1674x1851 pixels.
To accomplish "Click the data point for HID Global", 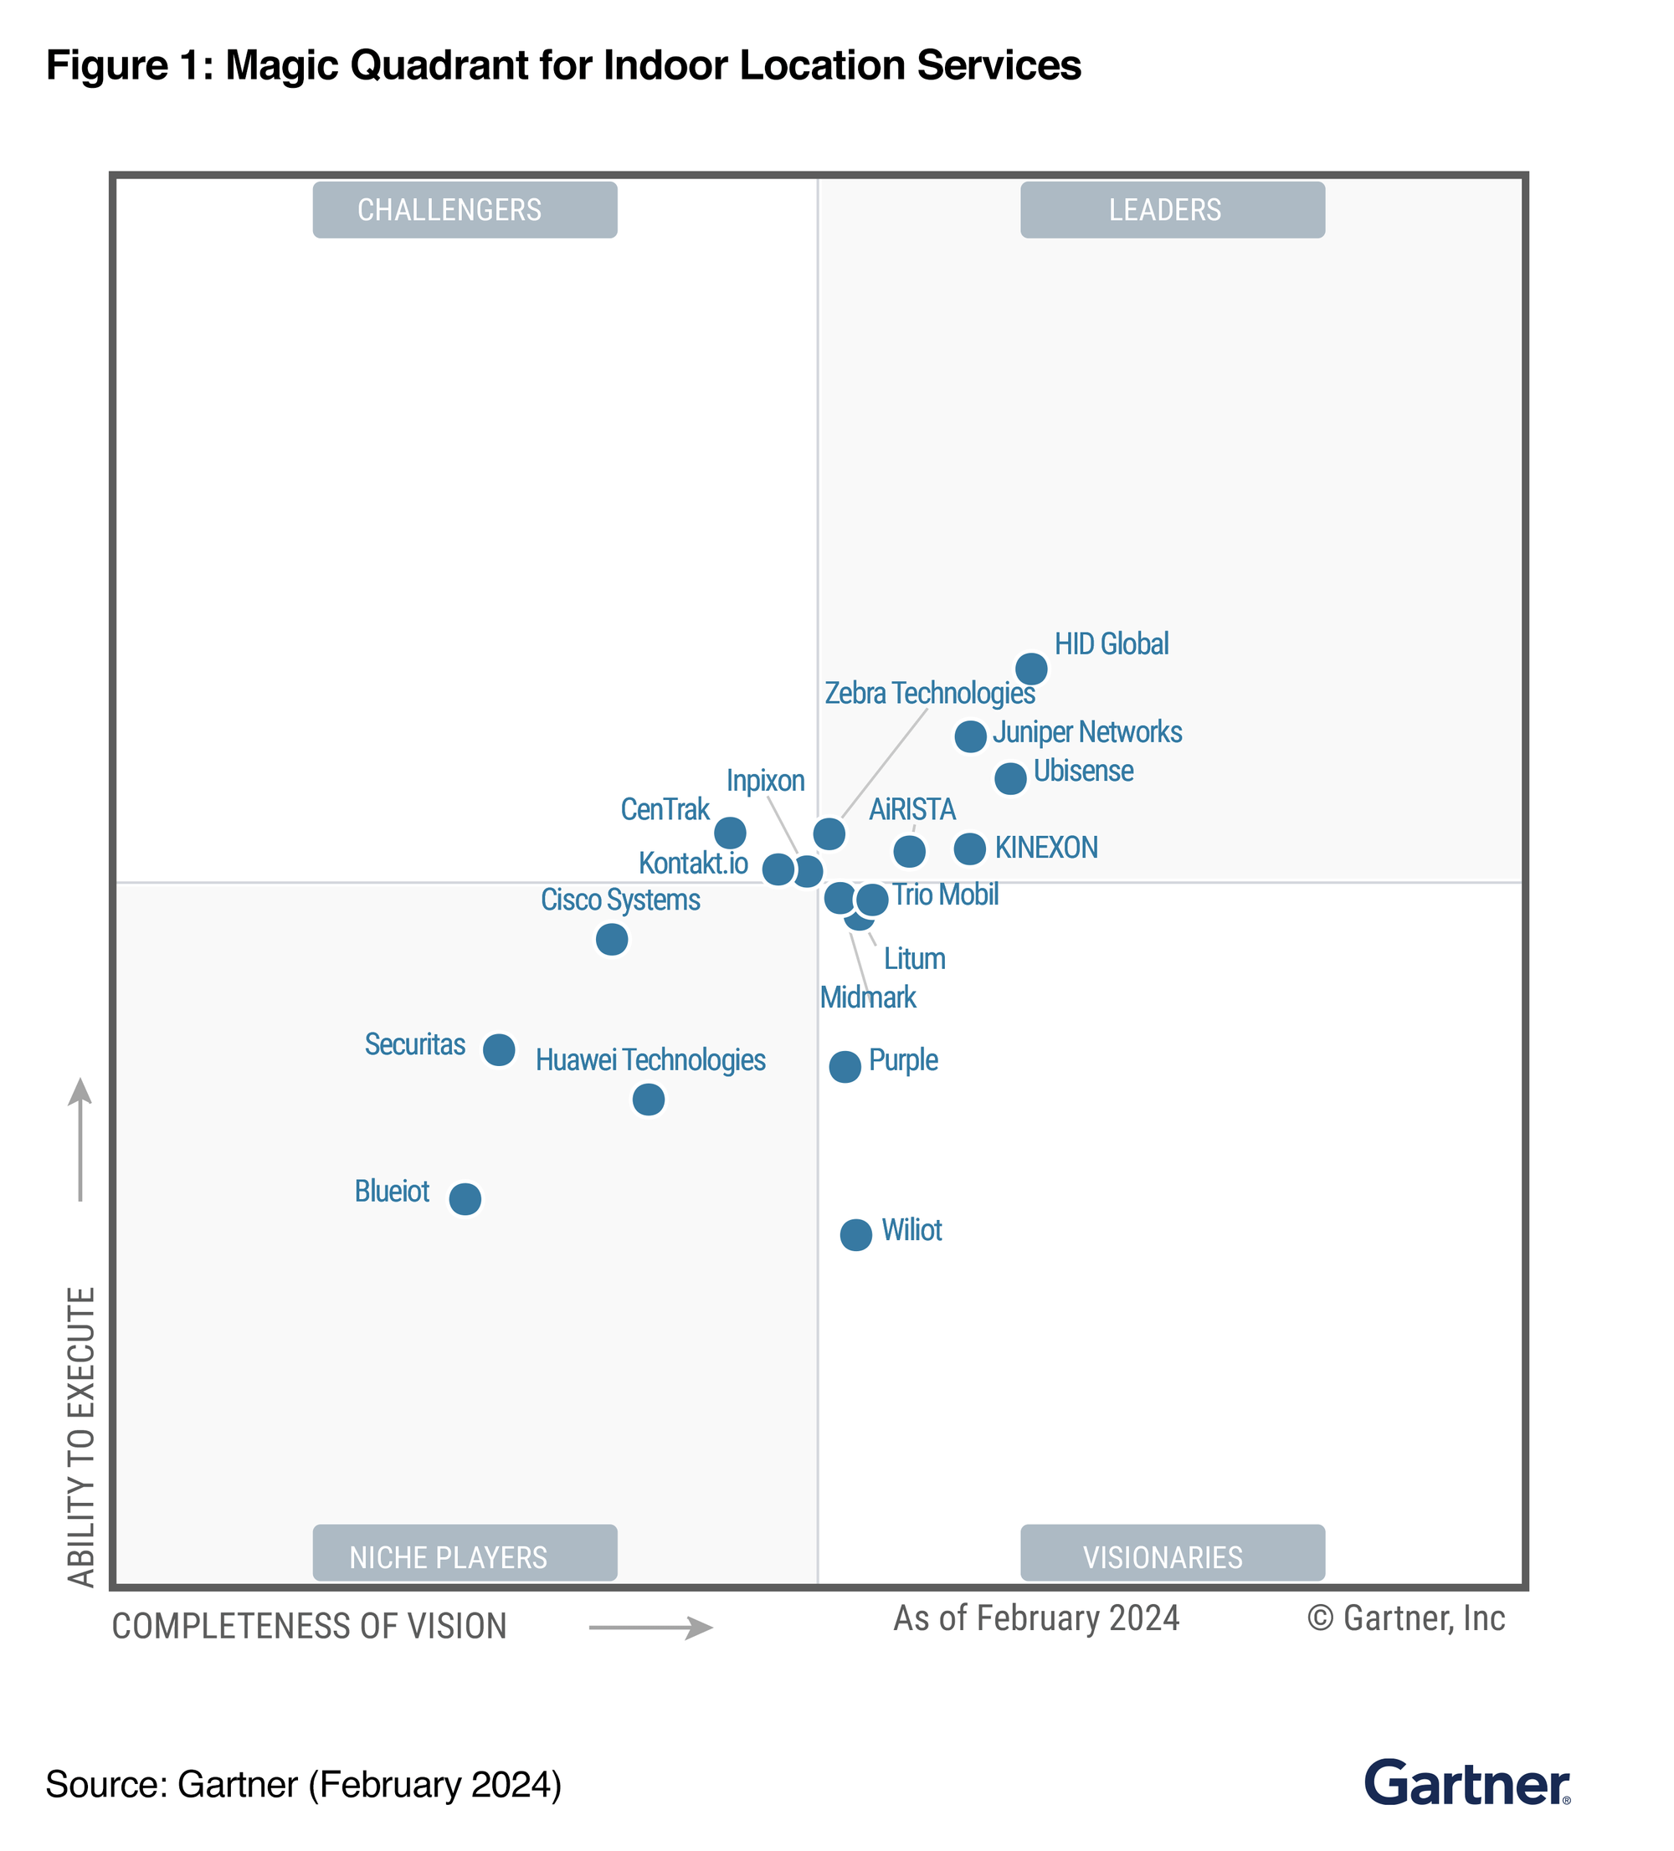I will [1031, 669].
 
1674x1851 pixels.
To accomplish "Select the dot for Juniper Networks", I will [971, 736].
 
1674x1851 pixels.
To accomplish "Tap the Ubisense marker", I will [1010, 778].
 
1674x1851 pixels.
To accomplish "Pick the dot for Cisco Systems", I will [612, 939].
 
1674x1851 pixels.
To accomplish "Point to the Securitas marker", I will [499, 1049].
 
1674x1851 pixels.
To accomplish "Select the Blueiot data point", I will [465, 1198].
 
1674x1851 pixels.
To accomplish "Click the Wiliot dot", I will [855, 1235].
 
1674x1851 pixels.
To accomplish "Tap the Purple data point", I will [845, 1066].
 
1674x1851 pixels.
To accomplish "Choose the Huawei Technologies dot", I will [649, 1099].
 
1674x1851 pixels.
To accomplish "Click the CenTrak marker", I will [730, 833].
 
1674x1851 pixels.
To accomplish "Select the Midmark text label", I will [868, 997].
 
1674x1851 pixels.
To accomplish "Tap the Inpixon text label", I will [765, 781].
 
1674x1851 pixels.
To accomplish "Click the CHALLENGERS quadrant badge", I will [465, 210].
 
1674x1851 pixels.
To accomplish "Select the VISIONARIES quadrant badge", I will [1172, 1557].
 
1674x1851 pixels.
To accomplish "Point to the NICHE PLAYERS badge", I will [465, 1557].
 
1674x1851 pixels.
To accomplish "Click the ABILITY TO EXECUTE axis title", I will [82, 1436].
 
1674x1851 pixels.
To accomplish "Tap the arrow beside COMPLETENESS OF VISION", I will [650, 1628].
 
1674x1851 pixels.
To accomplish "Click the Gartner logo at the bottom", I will [1466, 1782].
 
